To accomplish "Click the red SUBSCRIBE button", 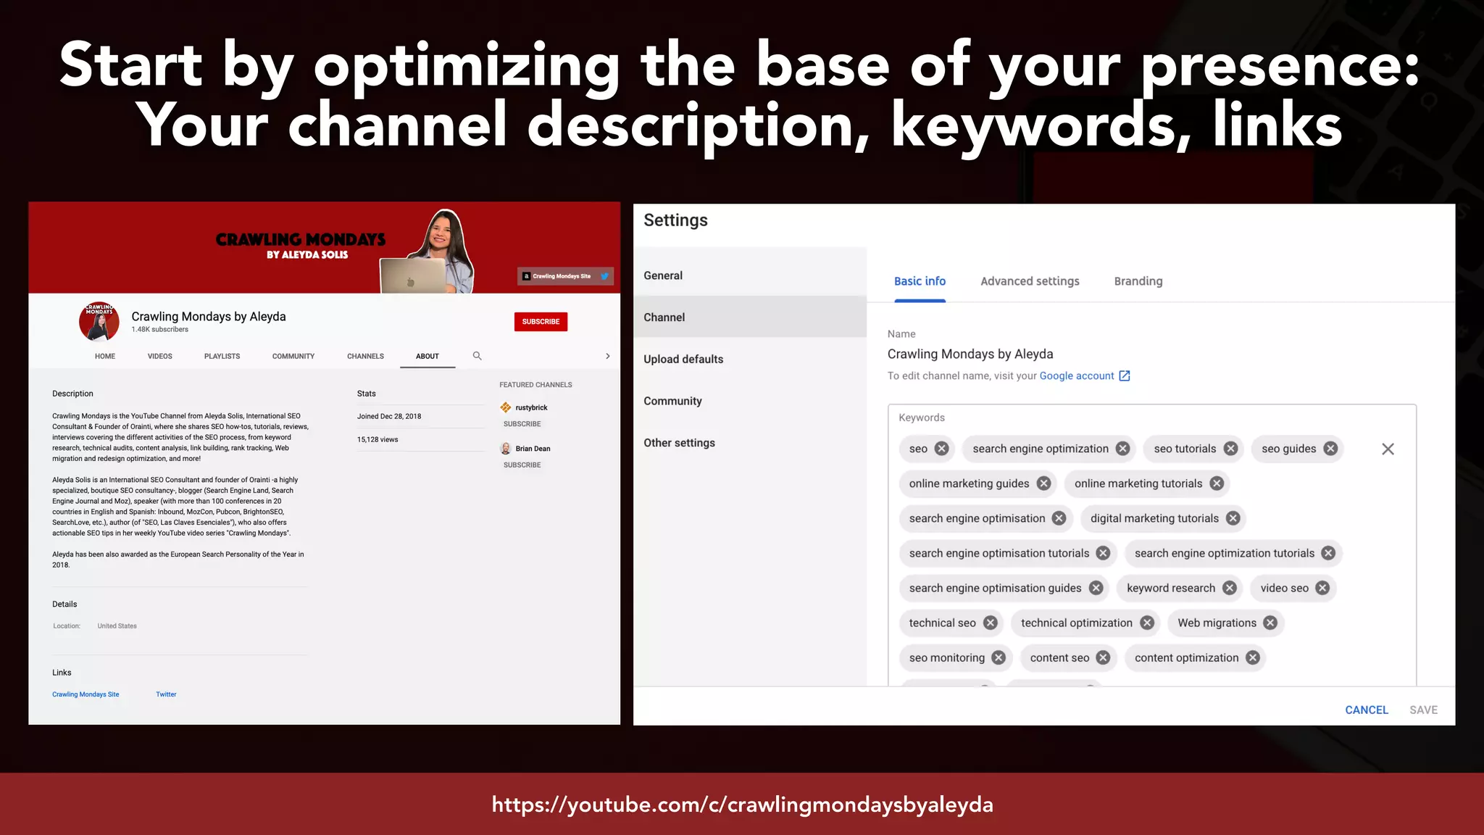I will click(x=541, y=322).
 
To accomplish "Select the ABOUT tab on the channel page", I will click(x=428, y=357).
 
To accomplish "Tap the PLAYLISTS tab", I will click(x=222, y=357).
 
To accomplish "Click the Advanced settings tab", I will click(x=1030, y=281).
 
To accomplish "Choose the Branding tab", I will click(x=1138, y=281).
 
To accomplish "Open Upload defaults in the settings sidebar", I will click(x=683, y=360).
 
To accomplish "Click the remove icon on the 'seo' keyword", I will click(x=941, y=449).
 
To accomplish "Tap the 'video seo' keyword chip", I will click(x=1284, y=588).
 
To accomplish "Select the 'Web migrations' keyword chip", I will click(x=1217, y=623).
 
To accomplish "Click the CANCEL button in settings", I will click(x=1367, y=710).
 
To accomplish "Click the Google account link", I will click(x=1077, y=376).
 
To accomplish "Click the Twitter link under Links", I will click(x=166, y=694).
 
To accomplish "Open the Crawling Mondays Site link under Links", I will click(x=86, y=694).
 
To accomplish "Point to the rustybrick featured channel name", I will click(x=531, y=408).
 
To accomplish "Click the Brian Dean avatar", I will click(x=506, y=449).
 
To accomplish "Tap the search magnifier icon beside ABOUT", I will click(x=477, y=356).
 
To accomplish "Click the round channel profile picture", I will click(x=99, y=321).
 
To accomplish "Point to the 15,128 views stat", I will click(x=378, y=440).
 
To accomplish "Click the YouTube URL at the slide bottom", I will click(x=742, y=805).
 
